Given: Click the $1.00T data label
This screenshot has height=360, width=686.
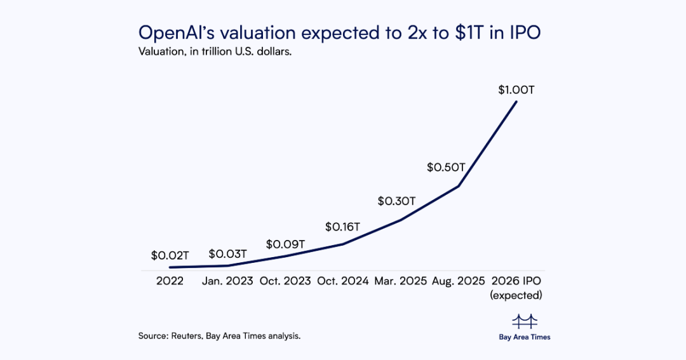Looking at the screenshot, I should pyautogui.click(x=516, y=90).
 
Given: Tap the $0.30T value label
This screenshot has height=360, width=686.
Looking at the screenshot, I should pyautogui.click(x=396, y=201).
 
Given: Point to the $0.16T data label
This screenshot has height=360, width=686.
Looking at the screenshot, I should pyautogui.click(x=343, y=226).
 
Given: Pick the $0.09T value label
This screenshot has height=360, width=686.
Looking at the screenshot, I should pyautogui.click(x=285, y=244).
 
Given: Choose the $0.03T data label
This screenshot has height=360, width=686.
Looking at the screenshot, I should pyautogui.click(x=227, y=255).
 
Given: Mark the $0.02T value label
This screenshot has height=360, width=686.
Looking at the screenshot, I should pyautogui.click(x=170, y=256).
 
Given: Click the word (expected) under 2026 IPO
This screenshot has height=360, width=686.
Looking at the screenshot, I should pyautogui.click(x=516, y=295).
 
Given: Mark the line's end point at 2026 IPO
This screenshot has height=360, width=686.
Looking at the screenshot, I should pyautogui.click(x=516, y=101).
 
